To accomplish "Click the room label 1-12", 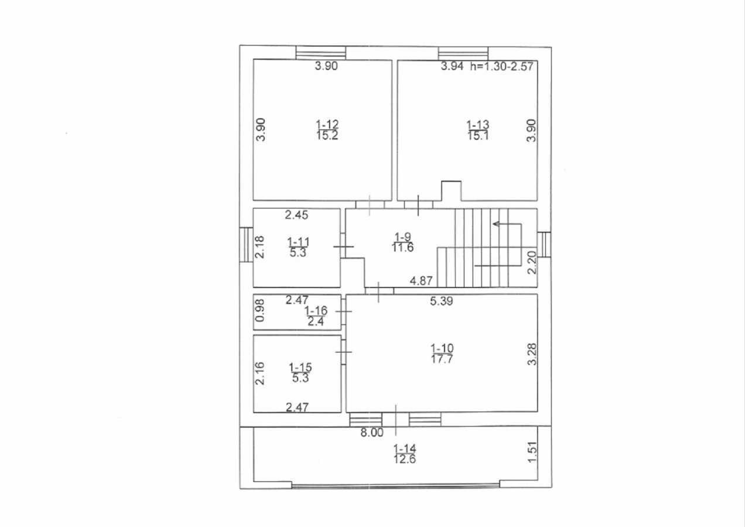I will [327, 124].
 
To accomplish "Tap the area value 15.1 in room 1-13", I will [477, 136].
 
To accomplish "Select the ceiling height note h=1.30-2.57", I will [504, 66].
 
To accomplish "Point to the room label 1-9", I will [402, 237].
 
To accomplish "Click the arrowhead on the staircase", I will [495, 224].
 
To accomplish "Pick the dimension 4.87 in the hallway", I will [421, 280].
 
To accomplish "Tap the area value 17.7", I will [442, 360].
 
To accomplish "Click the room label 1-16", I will [316, 310].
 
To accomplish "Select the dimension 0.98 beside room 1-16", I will [261, 310].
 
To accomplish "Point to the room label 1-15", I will [300, 367].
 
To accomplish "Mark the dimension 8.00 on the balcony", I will [372, 433].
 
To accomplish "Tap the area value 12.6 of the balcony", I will [405, 459].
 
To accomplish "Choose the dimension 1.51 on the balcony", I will [532, 452].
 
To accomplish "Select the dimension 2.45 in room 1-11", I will [296, 215].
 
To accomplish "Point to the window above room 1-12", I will [320, 53].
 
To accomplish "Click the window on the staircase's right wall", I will [544, 244].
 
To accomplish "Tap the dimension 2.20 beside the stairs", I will [532, 262].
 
